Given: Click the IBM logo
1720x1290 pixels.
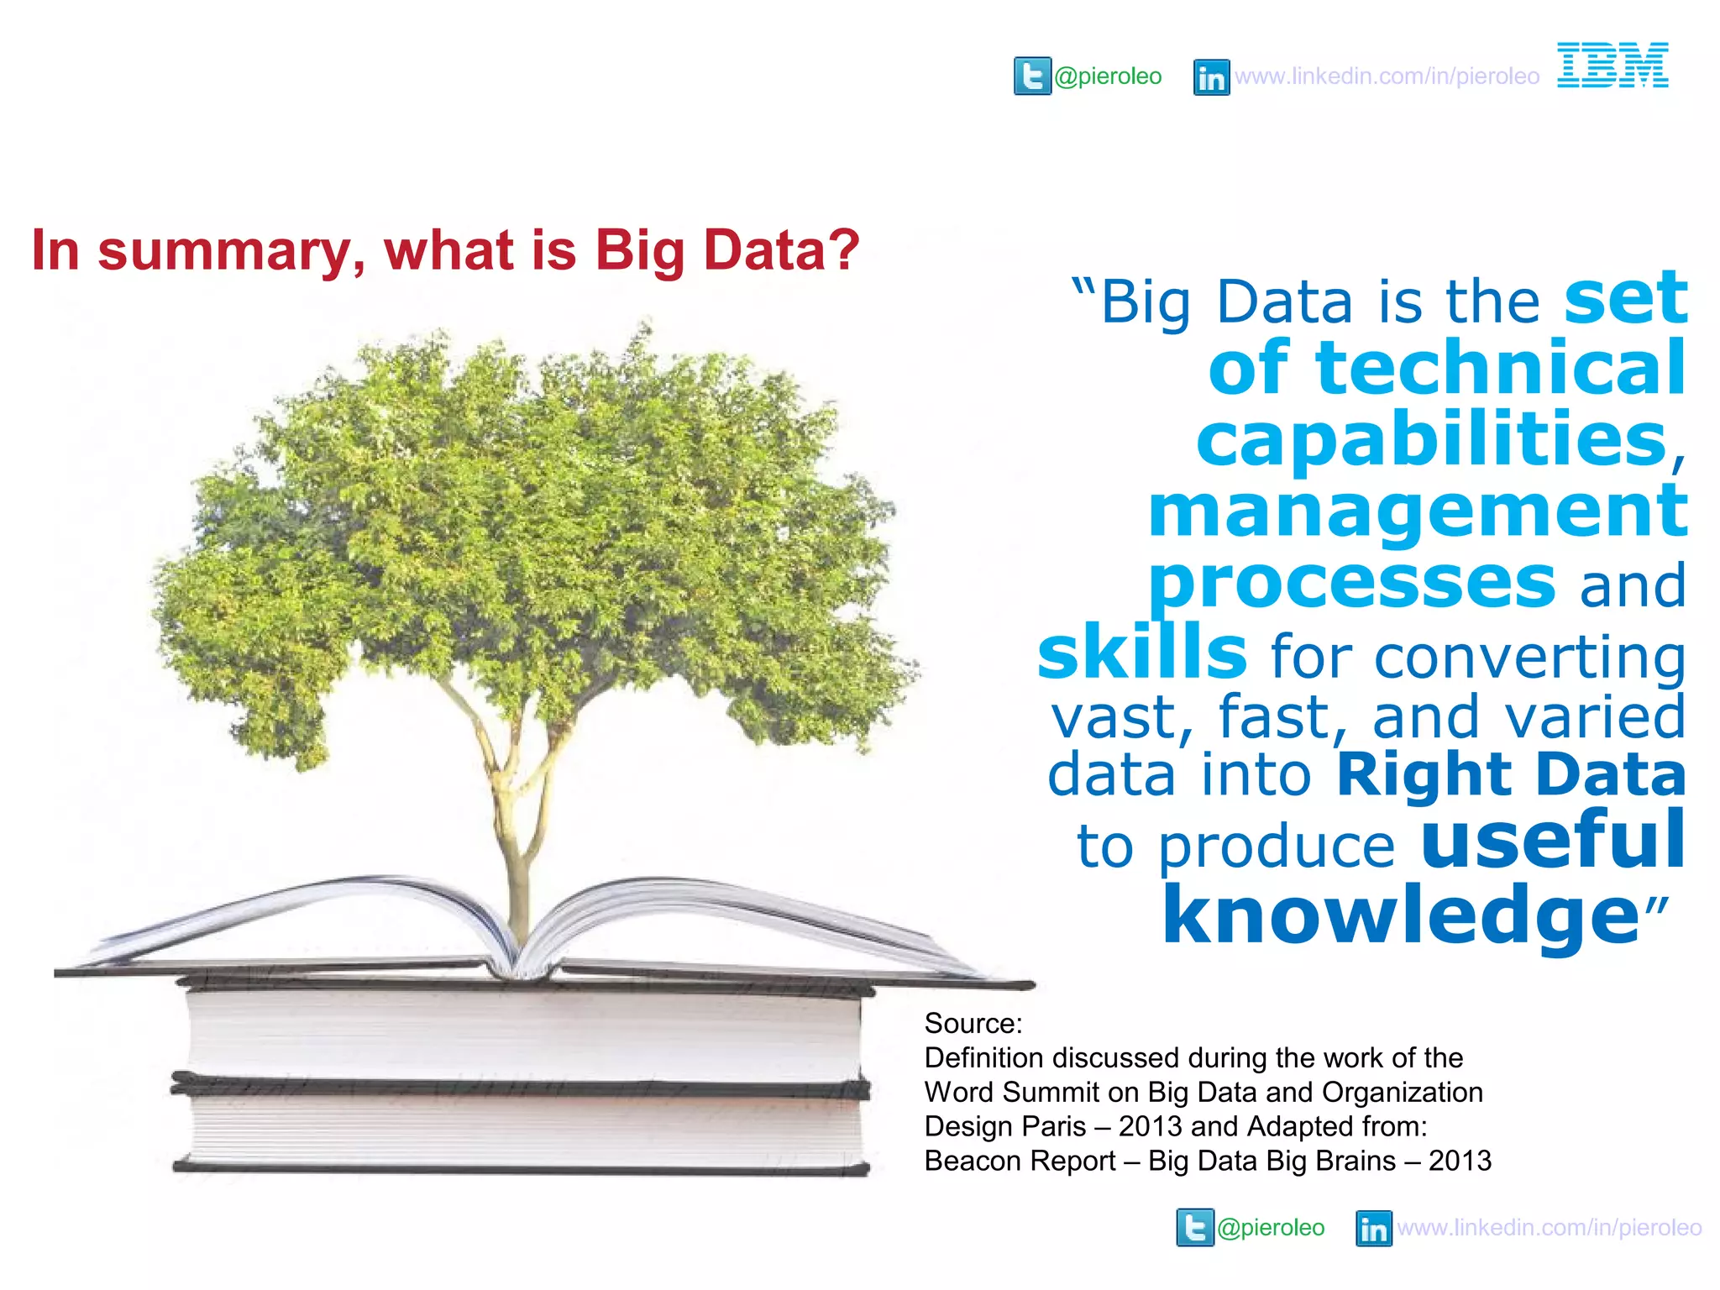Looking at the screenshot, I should (x=1612, y=65).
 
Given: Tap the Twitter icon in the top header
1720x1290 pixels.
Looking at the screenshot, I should (x=1032, y=76).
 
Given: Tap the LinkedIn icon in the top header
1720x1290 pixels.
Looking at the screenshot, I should (x=1211, y=77).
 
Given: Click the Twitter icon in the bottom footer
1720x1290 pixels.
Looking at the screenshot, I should (x=1195, y=1228).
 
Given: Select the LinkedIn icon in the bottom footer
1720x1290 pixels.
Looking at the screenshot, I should (x=1374, y=1229).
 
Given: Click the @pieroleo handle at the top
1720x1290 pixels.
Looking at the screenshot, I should (x=1108, y=76).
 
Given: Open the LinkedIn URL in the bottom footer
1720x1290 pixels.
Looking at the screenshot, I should (x=1549, y=1228).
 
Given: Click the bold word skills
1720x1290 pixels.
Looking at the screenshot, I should (x=1142, y=653).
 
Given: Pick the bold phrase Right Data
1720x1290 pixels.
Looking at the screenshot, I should (x=1511, y=773).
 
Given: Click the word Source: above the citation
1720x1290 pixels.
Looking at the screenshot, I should (x=973, y=1023).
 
